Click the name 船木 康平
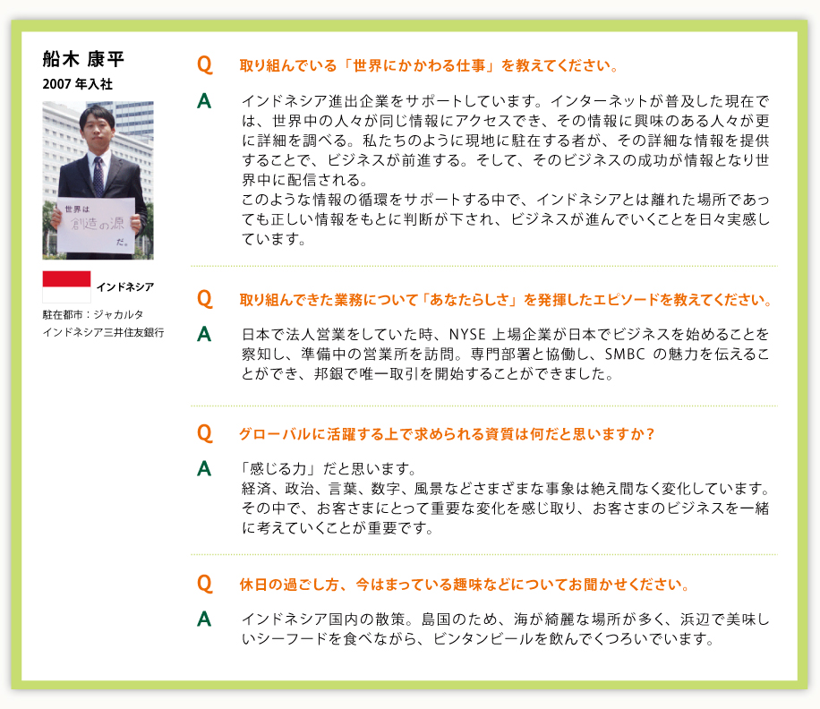click(83, 59)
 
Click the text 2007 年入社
click(77, 83)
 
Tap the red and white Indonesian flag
click(66, 286)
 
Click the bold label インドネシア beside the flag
click(125, 287)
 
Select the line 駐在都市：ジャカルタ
click(93, 314)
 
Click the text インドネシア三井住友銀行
click(104, 332)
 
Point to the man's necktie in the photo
click(98, 175)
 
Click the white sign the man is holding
click(95, 225)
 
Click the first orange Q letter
click(204, 64)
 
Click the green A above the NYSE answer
click(204, 334)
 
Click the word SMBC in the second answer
click(625, 354)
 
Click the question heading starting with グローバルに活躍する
click(447, 434)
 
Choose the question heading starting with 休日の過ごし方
click(465, 584)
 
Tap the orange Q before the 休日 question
click(204, 584)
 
